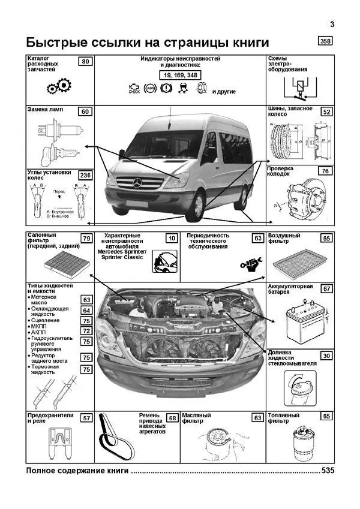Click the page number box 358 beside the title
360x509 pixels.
coord(325,42)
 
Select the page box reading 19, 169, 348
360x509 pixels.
coord(181,75)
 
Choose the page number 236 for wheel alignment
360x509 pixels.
coord(86,175)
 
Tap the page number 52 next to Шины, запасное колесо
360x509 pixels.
coord(326,112)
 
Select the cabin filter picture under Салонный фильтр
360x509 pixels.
coord(58,263)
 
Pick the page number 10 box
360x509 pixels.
coord(172,239)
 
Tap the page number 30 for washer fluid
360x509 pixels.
coord(326,356)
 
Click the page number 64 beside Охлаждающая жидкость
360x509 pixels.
coord(86,311)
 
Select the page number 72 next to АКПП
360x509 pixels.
coord(86,331)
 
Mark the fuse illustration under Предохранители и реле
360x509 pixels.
coord(58,443)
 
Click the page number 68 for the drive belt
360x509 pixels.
coord(172,418)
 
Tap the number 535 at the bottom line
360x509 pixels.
coord(327,471)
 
